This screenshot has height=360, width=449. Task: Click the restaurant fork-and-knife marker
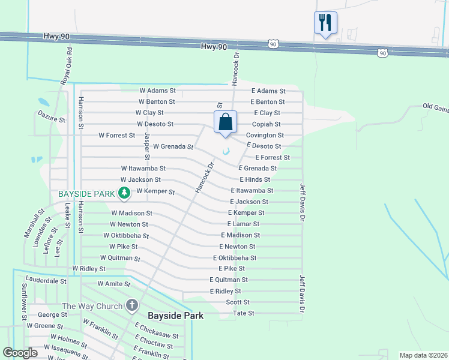point(325,23)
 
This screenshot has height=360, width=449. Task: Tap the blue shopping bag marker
point(225,122)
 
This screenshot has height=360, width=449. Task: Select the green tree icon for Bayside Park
point(124,193)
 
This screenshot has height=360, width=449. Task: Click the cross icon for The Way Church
point(132,306)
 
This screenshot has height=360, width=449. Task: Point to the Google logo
point(20,353)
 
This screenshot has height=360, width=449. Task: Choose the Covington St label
point(265,136)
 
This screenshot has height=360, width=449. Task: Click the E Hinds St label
point(255,179)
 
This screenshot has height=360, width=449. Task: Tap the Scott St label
point(238,302)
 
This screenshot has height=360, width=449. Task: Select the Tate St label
point(244,313)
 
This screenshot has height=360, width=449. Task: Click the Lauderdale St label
point(46,280)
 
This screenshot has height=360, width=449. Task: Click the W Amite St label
point(114,283)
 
